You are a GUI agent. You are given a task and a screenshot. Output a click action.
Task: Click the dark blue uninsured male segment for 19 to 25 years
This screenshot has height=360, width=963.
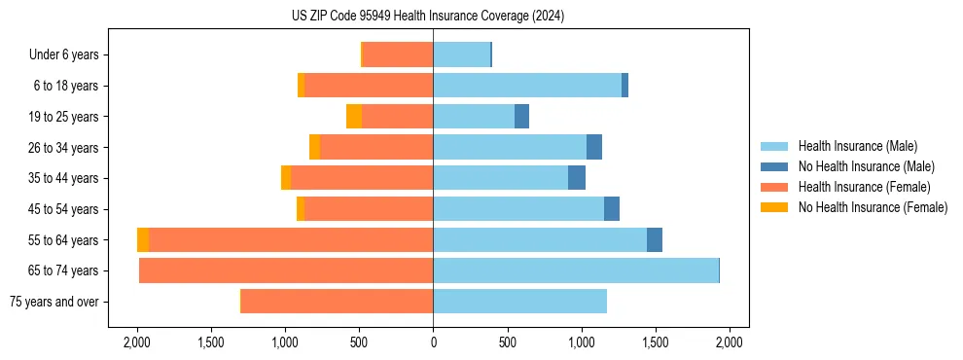(x=521, y=117)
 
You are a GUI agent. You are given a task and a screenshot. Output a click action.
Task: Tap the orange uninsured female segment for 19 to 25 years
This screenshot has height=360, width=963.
(x=354, y=117)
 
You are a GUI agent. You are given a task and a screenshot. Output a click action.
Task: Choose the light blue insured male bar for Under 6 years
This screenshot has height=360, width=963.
(x=461, y=55)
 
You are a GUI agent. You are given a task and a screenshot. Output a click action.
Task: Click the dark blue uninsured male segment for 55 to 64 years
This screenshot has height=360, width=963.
(x=655, y=240)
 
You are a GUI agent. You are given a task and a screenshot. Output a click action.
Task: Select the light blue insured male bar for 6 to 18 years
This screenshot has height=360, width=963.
(x=527, y=86)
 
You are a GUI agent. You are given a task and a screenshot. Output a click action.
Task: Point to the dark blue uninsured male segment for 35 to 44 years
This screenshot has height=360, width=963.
(x=577, y=178)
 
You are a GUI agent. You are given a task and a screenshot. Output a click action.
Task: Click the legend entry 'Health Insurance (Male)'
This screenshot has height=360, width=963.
(x=857, y=146)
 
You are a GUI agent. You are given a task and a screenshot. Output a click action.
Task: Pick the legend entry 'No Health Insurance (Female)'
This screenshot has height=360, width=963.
(x=873, y=207)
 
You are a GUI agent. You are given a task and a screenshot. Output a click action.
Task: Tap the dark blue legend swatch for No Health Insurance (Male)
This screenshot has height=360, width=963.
(x=775, y=166)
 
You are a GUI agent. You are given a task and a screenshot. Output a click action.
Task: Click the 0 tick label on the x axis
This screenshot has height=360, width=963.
(x=433, y=342)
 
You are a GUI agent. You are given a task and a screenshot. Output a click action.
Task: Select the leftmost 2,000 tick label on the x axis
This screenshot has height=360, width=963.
(x=136, y=342)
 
